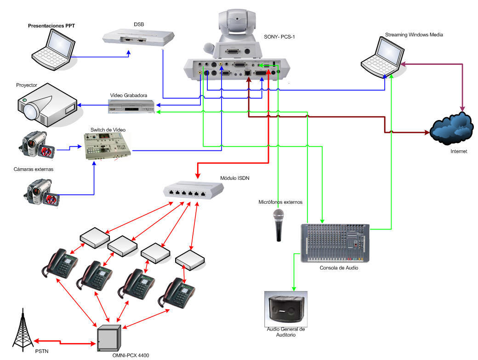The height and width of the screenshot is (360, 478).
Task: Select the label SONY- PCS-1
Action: pyautogui.click(x=279, y=37)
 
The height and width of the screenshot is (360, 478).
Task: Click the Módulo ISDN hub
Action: pyautogui.click(x=193, y=189)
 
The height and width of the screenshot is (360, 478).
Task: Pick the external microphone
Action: pyautogui.click(x=279, y=225)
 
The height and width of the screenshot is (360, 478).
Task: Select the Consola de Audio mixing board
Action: pyautogui.click(x=335, y=243)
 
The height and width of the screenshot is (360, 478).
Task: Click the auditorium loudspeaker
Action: pyautogui.click(x=285, y=309)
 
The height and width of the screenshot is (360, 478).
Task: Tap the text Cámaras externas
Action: pyautogui.click(x=34, y=169)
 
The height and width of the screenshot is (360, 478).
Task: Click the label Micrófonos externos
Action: pyautogui.click(x=280, y=202)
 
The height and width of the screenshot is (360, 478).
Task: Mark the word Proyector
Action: pyautogui.click(x=27, y=86)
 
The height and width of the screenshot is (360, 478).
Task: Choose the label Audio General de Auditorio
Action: pyautogui.click(x=286, y=332)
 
